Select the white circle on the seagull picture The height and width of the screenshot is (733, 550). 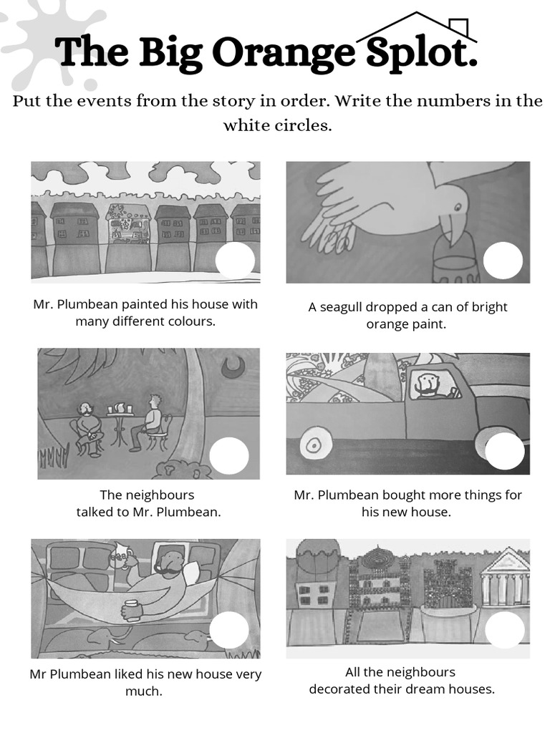pyautogui.click(x=503, y=261)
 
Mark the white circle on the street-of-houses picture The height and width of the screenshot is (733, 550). pyautogui.click(x=235, y=261)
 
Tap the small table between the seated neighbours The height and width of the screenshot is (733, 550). pyautogui.click(x=120, y=423)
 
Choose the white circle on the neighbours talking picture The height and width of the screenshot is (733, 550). pyautogui.click(x=229, y=456)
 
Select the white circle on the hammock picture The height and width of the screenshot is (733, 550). pyautogui.click(x=229, y=629)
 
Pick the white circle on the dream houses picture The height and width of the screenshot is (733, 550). pyautogui.click(x=505, y=629)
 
